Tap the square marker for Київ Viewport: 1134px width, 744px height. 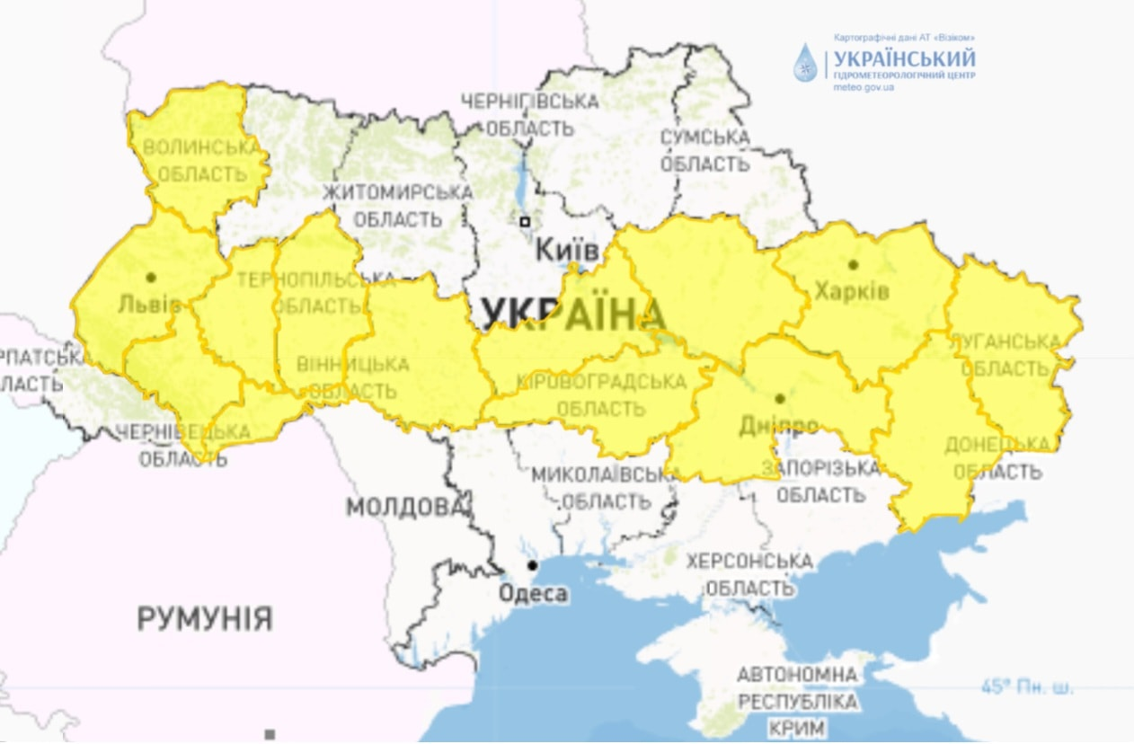pyautogui.click(x=524, y=221)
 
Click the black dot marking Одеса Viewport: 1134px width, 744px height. pyautogui.click(x=533, y=565)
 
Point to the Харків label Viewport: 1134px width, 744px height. pyautogui.click(x=851, y=291)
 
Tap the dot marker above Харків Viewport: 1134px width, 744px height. pyautogui.click(x=852, y=264)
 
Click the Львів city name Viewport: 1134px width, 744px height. pyautogui.click(x=149, y=304)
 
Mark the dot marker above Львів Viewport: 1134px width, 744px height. pyautogui.click(x=151, y=277)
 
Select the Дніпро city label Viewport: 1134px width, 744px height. pyautogui.click(x=779, y=423)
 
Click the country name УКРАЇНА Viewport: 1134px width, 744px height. pyautogui.click(x=573, y=314)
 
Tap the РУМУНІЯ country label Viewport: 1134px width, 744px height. pyautogui.click(x=205, y=618)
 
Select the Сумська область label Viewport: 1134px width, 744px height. pyautogui.click(x=705, y=151)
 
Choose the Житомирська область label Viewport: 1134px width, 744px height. pyautogui.click(x=397, y=206)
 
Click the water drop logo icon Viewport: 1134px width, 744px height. pyautogui.click(x=804, y=63)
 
